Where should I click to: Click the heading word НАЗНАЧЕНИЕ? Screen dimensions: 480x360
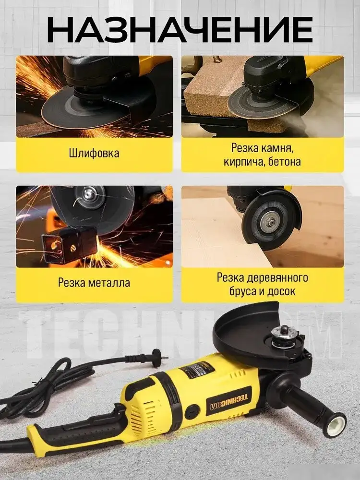[180, 30]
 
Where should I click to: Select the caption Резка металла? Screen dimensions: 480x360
[94, 282]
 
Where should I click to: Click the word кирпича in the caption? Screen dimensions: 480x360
[242, 162]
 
